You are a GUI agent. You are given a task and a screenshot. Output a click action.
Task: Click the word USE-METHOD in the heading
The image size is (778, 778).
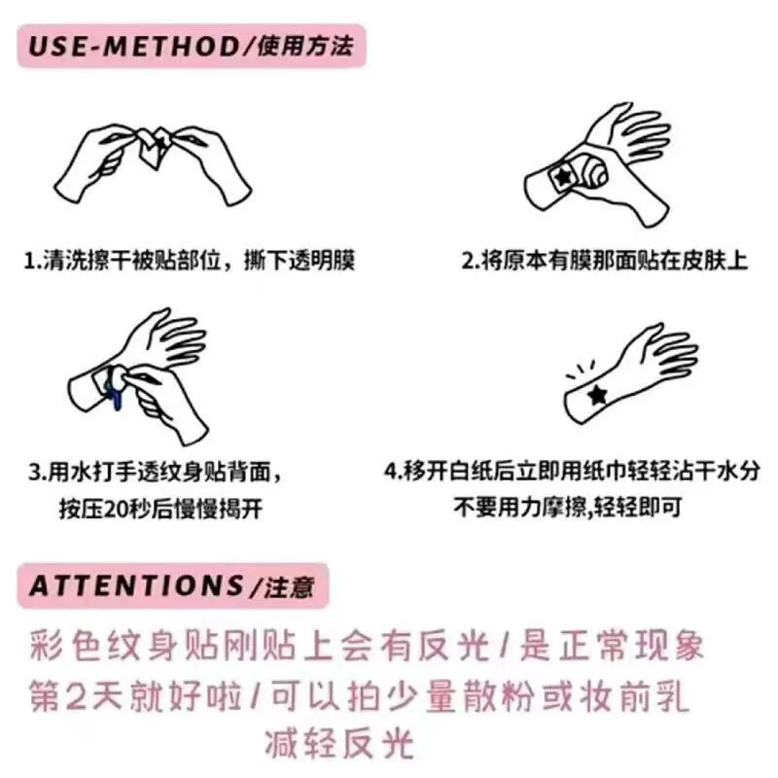(x=135, y=46)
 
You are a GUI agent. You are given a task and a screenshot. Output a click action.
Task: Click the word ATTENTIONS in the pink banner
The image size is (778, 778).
(x=136, y=585)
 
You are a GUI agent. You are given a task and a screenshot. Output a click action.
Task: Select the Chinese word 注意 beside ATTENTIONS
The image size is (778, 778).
(x=289, y=587)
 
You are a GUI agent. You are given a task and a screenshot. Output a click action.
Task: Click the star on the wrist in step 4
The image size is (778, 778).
(x=597, y=395)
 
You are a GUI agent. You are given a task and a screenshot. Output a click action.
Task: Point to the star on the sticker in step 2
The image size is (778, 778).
(x=563, y=176)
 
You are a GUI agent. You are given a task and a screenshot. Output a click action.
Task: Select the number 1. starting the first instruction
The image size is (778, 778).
(x=33, y=261)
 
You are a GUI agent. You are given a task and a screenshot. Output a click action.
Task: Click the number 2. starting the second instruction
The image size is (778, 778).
(x=471, y=261)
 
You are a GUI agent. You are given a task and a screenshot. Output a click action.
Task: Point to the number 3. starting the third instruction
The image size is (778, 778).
(x=38, y=472)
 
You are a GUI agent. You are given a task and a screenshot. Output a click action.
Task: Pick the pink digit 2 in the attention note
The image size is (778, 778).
(x=76, y=695)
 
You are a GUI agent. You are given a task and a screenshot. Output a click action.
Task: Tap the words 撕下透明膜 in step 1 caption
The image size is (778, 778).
(x=300, y=261)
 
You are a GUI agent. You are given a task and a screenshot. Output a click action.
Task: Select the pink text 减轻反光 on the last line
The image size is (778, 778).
(x=339, y=744)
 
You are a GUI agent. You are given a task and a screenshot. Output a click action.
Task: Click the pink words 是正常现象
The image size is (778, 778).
(x=613, y=645)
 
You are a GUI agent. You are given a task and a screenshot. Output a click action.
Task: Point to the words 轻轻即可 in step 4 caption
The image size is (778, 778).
(x=638, y=507)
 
